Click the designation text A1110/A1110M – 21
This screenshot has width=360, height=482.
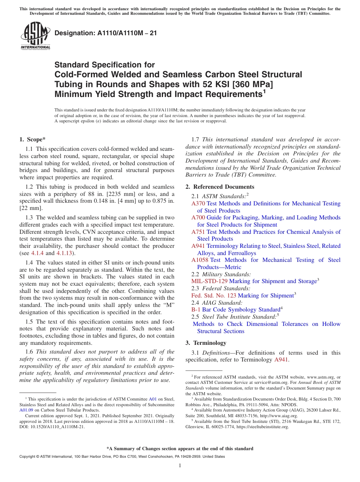tap(106, 33)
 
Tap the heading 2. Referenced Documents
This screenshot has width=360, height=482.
tap(220, 187)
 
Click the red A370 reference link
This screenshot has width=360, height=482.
tap(198, 203)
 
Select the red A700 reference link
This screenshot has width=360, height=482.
tap(198, 218)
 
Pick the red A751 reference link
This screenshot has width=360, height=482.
tap(198, 232)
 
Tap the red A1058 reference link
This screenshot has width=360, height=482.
tap(200, 260)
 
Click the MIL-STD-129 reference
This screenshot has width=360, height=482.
tap(210, 281)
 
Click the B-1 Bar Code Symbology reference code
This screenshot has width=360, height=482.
tap(196, 310)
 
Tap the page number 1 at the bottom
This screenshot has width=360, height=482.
tap(180, 465)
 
